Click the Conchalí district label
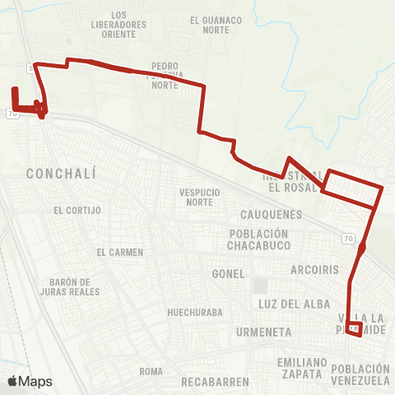tap(62, 174)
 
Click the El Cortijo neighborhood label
tap(77, 210)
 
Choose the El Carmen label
tap(119, 252)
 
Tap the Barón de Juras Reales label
tap(74, 286)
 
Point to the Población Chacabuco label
tap(259, 239)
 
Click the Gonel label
tap(228, 273)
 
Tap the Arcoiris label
tap(314, 269)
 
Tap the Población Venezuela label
tap(360, 374)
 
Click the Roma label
tap(151, 372)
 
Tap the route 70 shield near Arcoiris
tap(349, 237)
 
